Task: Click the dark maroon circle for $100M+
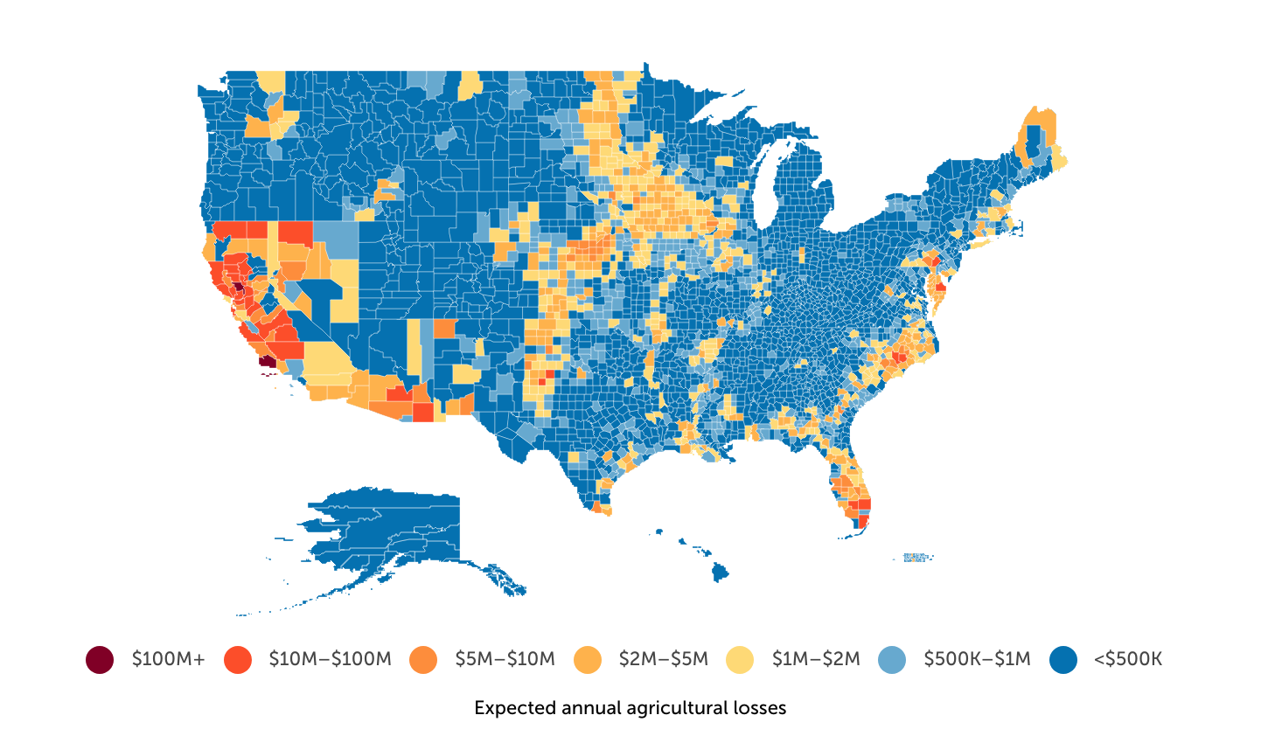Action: (x=100, y=659)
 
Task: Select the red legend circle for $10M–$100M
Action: (x=237, y=659)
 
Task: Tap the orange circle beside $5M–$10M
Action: (x=423, y=659)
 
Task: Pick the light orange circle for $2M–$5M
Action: (x=588, y=659)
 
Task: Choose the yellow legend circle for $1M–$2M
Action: (x=740, y=659)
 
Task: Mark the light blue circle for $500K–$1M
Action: (x=892, y=659)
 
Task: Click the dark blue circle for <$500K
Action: (x=1062, y=659)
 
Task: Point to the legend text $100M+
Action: (x=168, y=659)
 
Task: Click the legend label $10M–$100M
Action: (x=330, y=659)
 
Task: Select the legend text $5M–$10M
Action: (x=505, y=659)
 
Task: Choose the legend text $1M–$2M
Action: (x=816, y=659)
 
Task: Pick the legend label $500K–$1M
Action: (x=977, y=659)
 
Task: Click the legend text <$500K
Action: (x=1127, y=659)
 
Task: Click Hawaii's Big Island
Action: (x=720, y=573)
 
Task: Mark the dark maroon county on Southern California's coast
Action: (x=267, y=360)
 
